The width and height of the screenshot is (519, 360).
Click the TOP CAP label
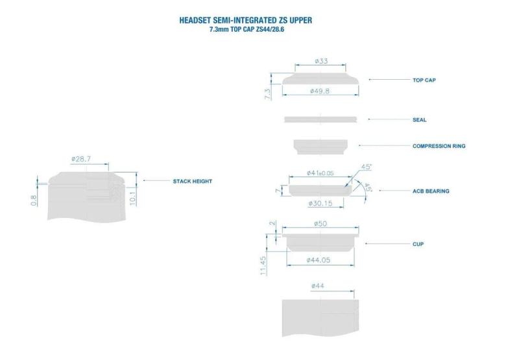pyautogui.click(x=424, y=80)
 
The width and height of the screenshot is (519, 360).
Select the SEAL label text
pyautogui.click(x=419, y=120)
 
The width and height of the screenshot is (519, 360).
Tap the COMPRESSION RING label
pyautogui.click(x=439, y=146)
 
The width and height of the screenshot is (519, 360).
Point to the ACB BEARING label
pyautogui.click(x=431, y=191)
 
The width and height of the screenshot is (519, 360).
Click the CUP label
pyautogui.click(x=418, y=244)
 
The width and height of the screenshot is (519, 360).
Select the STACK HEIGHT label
pyautogui.click(x=192, y=182)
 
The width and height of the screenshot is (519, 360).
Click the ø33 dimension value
pyautogui.click(x=321, y=61)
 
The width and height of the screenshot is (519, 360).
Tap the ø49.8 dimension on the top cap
pyautogui.click(x=320, y=91)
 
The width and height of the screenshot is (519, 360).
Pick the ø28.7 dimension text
pyautogui.click(x=80, y=159)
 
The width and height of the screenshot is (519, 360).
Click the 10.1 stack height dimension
pyautogui.click(x=133, y=198)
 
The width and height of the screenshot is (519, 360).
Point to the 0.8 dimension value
pyautogui.click(x=34, y=200)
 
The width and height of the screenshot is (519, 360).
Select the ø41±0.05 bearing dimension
pyautogui.click(x=320, y=173)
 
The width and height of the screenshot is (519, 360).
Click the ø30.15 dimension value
pyautogui.click(x=320, y=203)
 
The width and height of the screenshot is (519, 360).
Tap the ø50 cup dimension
pyautogui.click(x=320, y=224)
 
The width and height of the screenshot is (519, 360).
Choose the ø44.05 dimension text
pyautogui.click(x=318, y=260)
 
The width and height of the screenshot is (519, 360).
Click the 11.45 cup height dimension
pyautogui.click(x=263, y=266)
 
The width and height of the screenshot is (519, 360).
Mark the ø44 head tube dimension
pyautogui.click(x=318, y=285)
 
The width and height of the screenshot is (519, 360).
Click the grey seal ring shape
pyautogui.click(x=320, y=119)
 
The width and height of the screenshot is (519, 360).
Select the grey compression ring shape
pyautogui.click(x=320, y=147)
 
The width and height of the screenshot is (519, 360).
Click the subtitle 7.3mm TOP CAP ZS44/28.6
pyautogui.click(x=247, y=29)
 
